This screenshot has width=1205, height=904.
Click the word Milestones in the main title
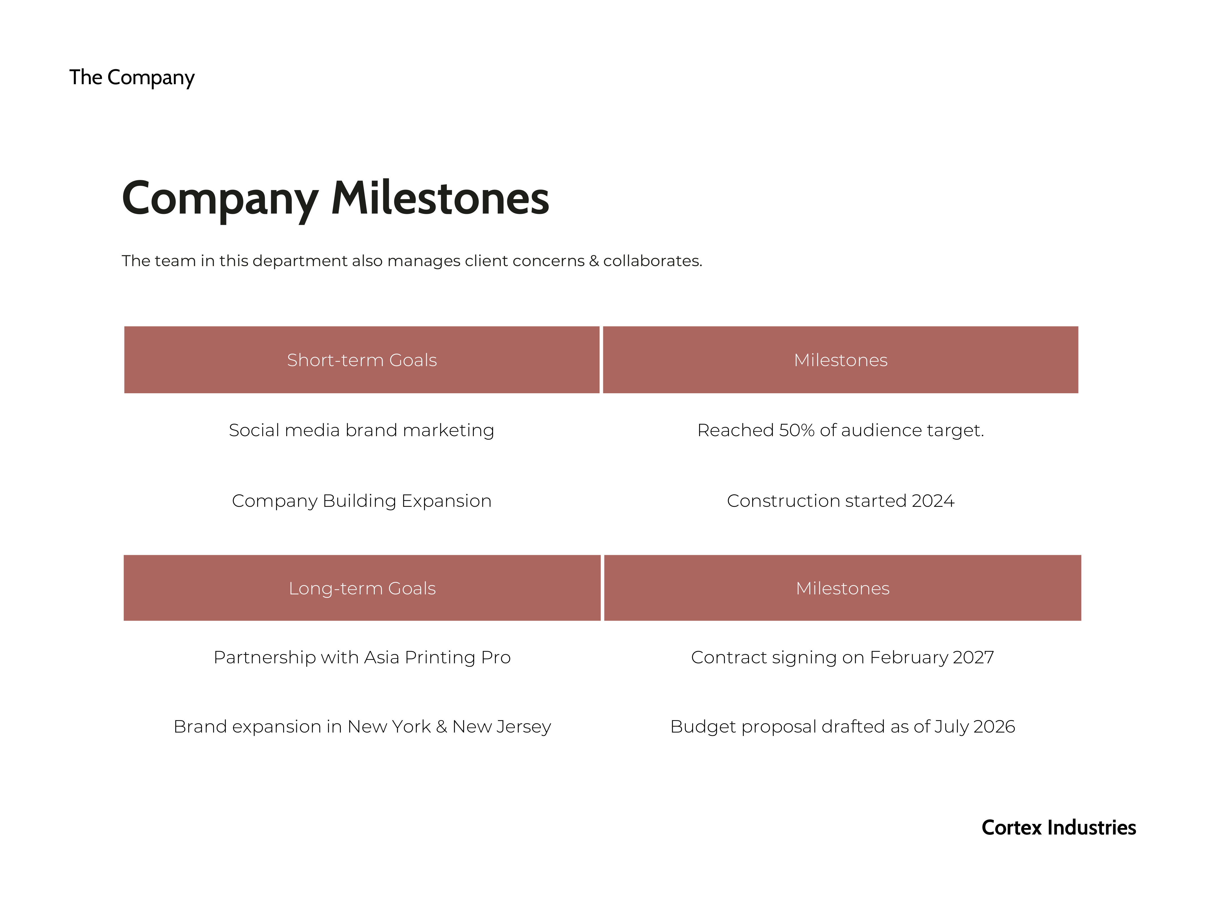440,198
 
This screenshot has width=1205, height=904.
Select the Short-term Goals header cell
362,360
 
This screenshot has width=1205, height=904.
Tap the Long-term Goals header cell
362,588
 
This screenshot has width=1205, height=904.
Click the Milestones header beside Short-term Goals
840,360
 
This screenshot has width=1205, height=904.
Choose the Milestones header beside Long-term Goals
843,588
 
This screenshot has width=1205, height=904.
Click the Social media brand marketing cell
362,431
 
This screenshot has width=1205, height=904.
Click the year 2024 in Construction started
933,501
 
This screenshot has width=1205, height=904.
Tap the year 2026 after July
994,726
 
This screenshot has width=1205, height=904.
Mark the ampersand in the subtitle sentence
594,261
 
